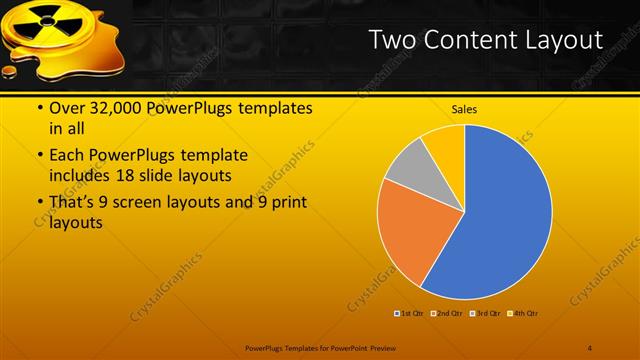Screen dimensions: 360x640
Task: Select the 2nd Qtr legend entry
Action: pos(447,314)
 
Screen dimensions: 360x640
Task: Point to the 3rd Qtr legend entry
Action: pos(485,314)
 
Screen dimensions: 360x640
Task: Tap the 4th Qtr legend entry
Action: pos(523,314)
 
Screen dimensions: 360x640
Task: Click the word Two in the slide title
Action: pos(389,40)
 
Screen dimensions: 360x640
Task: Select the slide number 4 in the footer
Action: pos(590,347)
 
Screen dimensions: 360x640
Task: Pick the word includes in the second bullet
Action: pos(78,176)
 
